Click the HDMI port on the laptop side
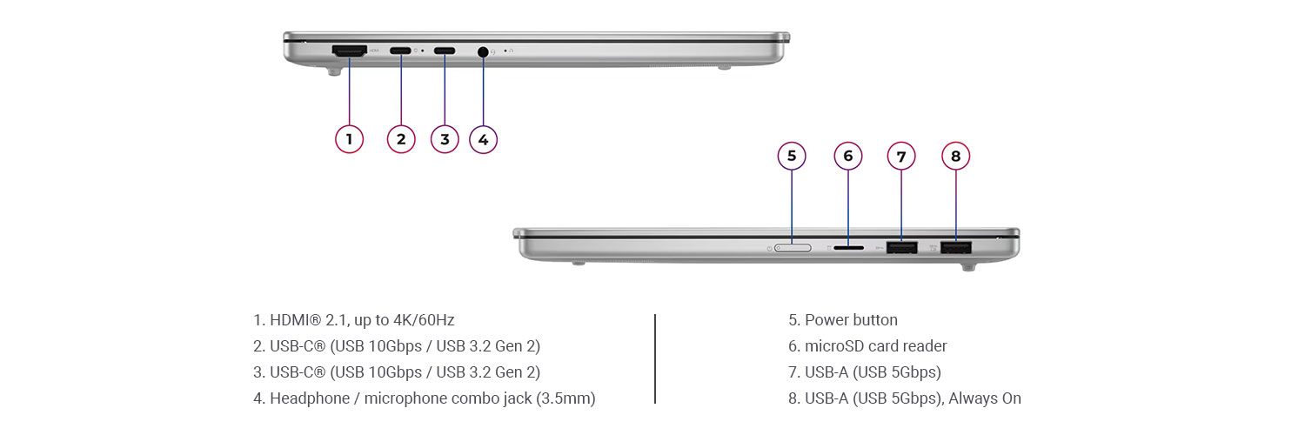[349, 51]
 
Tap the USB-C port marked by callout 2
[401, 50]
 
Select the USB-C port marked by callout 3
[445, 50]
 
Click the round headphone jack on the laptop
[484, 51]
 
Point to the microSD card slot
[848, 248]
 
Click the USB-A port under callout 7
[901, 249]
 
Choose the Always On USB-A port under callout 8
[956, 249]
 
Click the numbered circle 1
[349, 139]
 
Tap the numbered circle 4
[484, 139]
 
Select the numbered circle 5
[792, 156]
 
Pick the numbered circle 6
[848, 156]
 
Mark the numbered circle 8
[956, 156]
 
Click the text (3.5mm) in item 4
[565, 398]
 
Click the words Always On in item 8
[985, 398]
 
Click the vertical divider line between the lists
[654, 358]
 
